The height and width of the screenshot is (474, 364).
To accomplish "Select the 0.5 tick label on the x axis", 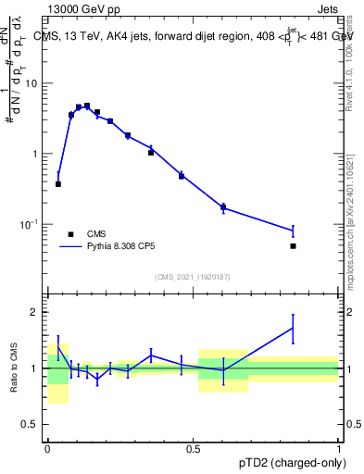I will [x=193, y=447].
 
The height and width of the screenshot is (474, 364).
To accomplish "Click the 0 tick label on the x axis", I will [x=47, y=447].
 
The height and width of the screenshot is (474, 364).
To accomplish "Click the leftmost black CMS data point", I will [x=58, y=184].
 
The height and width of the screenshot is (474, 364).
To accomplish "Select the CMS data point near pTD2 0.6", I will [x=223, y=207].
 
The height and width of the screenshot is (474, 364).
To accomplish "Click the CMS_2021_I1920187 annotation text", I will [x=192, y=277].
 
